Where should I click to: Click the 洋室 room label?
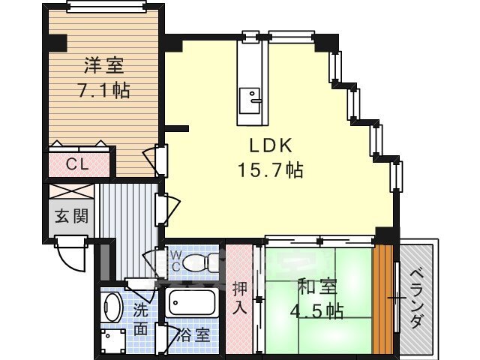[x=104, y=65]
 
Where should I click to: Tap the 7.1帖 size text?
[x=104, y=90]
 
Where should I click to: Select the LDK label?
[x=271, y=145]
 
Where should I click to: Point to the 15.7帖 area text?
[x=271, y=170]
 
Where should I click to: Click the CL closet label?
[x=78, y=164]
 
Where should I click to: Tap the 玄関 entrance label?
[x=72, y=216]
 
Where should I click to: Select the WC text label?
[x=175, y=261]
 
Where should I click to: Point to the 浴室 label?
[x=193, y=335]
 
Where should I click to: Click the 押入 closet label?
[x=239, y=298]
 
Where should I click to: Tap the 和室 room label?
[x=318, y=286]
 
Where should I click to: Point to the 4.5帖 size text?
[x=316, y=311]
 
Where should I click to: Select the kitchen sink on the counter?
[x=250, y=100]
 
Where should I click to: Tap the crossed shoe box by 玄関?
[x=71, y=192]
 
